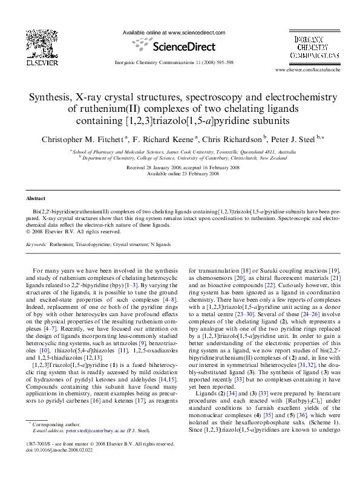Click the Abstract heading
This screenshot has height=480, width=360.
[x=36, y=198]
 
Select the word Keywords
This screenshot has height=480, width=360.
[x=36, y=245]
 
